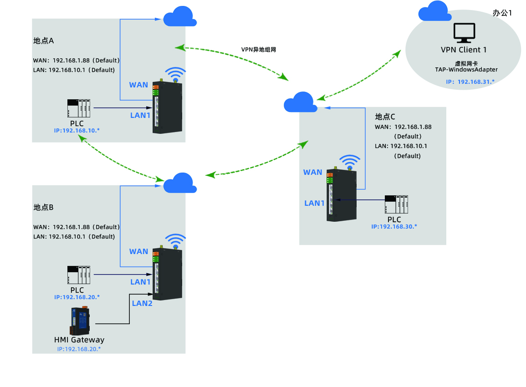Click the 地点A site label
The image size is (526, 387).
click(44, 41)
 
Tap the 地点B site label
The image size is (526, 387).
click(44, 207)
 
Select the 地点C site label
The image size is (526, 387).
click(385, 117)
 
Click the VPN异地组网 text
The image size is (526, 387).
click(259, 50)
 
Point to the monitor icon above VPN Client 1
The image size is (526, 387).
click(464, 33)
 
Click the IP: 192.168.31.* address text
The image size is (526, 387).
click(470, 82)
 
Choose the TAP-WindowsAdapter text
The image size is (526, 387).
click(466, 70)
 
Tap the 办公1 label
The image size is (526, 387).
click(502, 13)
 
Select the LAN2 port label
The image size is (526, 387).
click(142, 303)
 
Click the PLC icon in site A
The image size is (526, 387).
click(79, 108)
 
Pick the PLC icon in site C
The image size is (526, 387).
click(396, 204)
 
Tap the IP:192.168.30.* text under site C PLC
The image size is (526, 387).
click(394, 226)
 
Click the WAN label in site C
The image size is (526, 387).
click(313, 172)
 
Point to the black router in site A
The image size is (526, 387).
click(167, 107)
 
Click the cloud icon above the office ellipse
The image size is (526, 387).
click(434, 11)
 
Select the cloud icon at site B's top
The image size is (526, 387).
click(180, 183)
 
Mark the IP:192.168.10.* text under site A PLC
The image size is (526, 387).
click(77, 131)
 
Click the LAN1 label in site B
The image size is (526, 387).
click(140, 282)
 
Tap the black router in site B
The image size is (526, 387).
click(167, 274)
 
